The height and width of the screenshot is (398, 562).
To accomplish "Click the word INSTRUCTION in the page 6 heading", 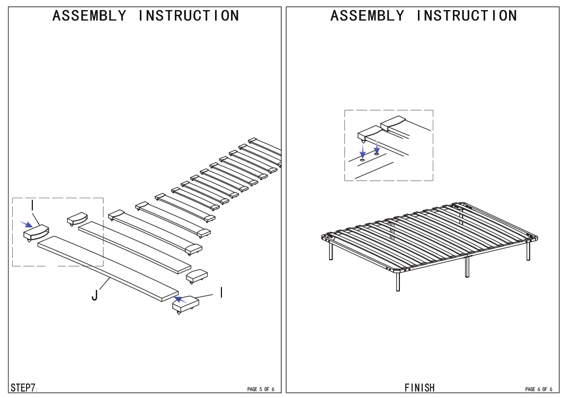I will click(x=466, y=15).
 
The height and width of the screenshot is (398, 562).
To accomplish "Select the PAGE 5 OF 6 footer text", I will click(x=261, y=389).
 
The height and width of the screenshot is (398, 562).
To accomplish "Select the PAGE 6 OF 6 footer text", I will click(x=538, y=389).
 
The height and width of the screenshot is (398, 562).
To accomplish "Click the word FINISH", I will click(x=420, y=387).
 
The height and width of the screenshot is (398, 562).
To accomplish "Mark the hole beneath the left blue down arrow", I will click(x=363, y=158).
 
